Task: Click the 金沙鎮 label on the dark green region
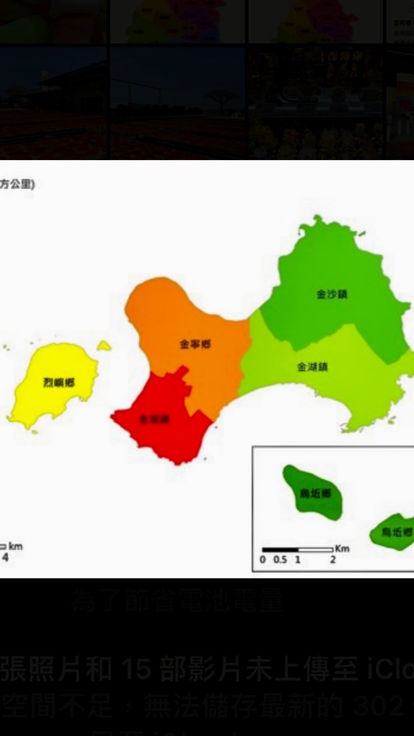pyautogui.click(x=332, y=294)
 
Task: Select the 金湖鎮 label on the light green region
pyautogui.click(x=313, y=367)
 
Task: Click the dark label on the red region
pyautogui.click(x=155, y=419)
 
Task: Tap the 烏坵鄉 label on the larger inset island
pyautogui.click(x=315, y=494)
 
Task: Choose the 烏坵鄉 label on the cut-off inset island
pyautogui.click(x=397, y=533)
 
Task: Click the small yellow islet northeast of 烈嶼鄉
pyautogui.click(x=104, y=346)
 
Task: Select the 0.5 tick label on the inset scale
pyautogui.click(x=280, y=559)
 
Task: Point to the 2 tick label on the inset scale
pyautogui.click(x=332, y=559)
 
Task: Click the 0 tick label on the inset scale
pyautogui.click(x=263, y=559)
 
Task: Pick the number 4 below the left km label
pyautogui.click(x=5, y=557)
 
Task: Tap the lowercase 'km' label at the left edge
pyautogui.click(x=16, y=547)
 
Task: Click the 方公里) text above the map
pyautogui.click(x=17, y=184)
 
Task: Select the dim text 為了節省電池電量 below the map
pyautogui.click(x=178, y=601)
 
